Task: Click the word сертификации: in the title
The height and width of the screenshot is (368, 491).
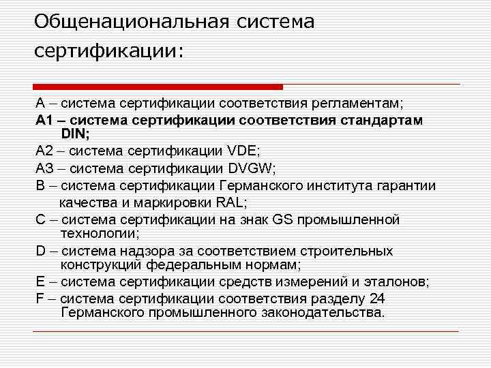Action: [109, 52]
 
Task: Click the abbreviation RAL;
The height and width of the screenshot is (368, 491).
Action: [231, 202]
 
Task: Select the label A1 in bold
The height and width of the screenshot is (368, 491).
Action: [44, 120]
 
